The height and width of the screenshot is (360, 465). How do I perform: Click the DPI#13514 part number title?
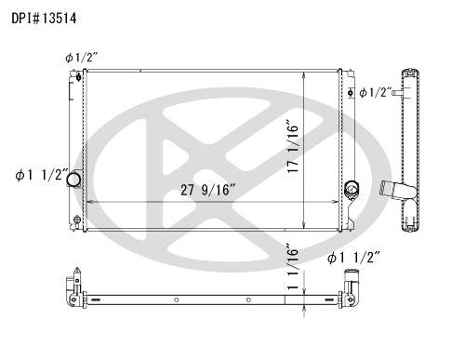click(x=44, y=19)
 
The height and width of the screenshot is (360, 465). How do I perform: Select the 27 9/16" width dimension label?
click(x=208, y=190)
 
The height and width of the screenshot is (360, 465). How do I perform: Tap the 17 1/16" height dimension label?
click(x=292, y=146)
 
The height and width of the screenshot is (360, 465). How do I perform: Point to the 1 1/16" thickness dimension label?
click(x=292, y=267)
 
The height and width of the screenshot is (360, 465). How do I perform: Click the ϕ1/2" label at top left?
click(x=82, y=58)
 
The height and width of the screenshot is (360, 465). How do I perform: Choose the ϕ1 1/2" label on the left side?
click(x=42, y=175)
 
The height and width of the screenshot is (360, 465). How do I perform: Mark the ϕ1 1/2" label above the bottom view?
click(x=353, y=258)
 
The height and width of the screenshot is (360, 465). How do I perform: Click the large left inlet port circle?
click(x=73, y=180)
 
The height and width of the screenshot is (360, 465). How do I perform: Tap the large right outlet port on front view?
click(x=352, y=188)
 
